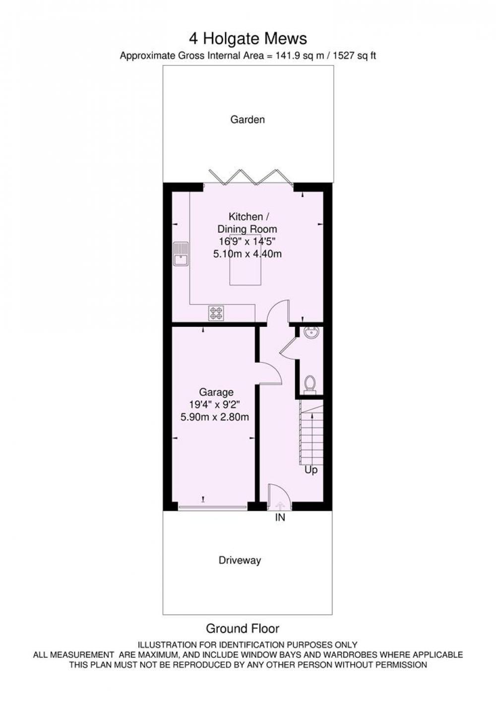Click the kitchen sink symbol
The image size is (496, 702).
180,254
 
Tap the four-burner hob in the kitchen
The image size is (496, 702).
216,313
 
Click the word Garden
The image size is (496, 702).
248,120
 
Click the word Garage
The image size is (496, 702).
216,392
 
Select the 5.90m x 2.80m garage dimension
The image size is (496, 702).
215,417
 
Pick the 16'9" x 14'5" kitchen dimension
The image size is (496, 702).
247,241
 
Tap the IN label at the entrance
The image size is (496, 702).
280,518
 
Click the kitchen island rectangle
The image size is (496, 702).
246,259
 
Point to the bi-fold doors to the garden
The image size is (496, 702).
250,177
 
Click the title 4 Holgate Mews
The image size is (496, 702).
248,39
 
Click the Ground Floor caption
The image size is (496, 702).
242,629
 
